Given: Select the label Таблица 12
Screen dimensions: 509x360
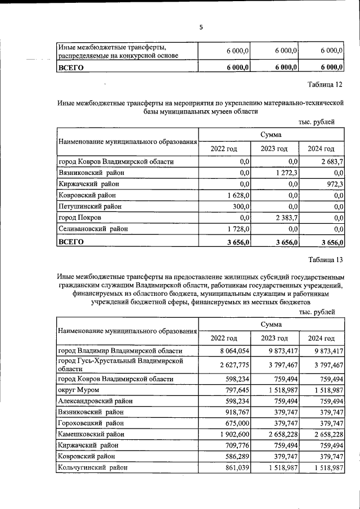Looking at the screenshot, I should tap(325, 85).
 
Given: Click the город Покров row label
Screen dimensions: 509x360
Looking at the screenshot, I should tap(80, 218).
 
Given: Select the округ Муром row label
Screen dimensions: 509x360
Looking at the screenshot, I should tap(79, 390).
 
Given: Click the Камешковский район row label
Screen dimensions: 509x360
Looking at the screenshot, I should tap(91, 435).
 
